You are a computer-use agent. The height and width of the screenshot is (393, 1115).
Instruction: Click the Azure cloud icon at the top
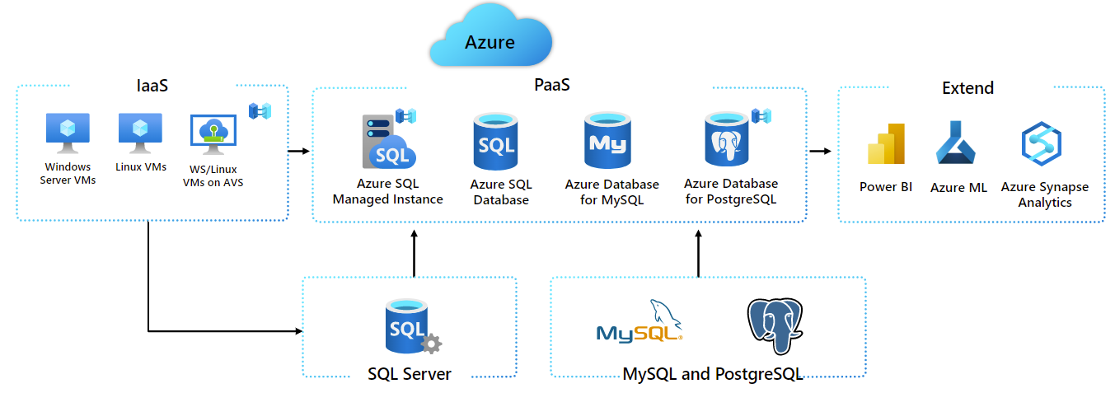[490, 38]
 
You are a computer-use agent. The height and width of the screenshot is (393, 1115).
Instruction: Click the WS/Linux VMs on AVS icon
[213, 135]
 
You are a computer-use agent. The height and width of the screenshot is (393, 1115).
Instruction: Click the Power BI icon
[886, 144]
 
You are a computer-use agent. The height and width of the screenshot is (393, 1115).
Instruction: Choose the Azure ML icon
[956, 143]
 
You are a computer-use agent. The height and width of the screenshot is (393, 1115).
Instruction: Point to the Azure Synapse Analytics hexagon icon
[1041, 144]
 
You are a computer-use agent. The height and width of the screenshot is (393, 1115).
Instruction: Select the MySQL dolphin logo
[641, 323]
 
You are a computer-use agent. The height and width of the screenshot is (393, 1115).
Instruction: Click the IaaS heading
[152, 86]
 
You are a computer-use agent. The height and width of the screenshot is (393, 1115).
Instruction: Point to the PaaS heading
[552, 85]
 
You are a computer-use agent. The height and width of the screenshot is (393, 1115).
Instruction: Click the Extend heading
[967, 87]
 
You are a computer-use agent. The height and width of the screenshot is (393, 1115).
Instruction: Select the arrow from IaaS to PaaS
[298, 151]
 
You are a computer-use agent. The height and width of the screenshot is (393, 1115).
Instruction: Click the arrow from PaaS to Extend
[820, 151]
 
